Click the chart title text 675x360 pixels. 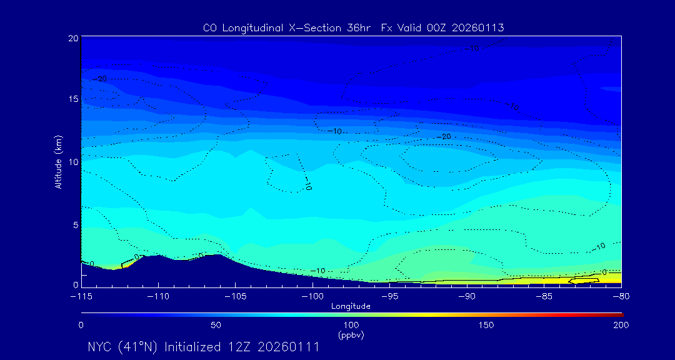tap(353, 27)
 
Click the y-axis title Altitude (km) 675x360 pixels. tap(58, 162)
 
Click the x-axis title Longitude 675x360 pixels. tap(351, 306)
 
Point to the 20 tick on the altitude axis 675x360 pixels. tap(72, 38)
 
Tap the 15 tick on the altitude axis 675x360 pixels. tap(72, 99)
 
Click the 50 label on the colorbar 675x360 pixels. tap(216, 325)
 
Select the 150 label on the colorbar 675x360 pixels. tap(486, 325)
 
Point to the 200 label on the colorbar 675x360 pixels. tap(621, 325)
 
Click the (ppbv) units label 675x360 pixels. tap(351, 335)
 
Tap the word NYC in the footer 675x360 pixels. tap(101, 347)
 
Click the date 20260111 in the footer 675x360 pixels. tap(288, 347)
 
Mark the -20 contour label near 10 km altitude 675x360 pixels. tap(445, 136)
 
